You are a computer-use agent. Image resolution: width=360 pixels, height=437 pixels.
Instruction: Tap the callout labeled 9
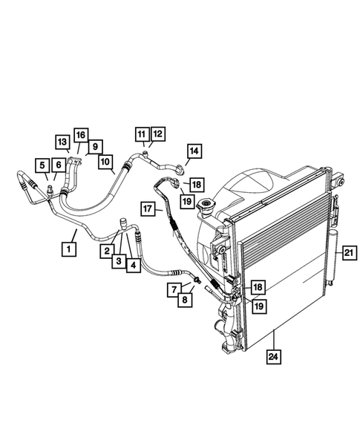(96, 146)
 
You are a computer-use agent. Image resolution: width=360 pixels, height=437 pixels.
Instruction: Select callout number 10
(105, 160)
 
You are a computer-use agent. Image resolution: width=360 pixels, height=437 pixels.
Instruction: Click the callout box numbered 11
(141, 134)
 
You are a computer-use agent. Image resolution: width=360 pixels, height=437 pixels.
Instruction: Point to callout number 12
(157, 134)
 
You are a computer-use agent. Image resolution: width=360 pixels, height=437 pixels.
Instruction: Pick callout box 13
(62, 141)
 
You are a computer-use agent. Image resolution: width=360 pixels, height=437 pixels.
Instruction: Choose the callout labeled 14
(193, 152)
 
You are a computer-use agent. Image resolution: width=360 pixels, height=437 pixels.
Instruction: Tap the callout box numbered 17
(148, 208)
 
